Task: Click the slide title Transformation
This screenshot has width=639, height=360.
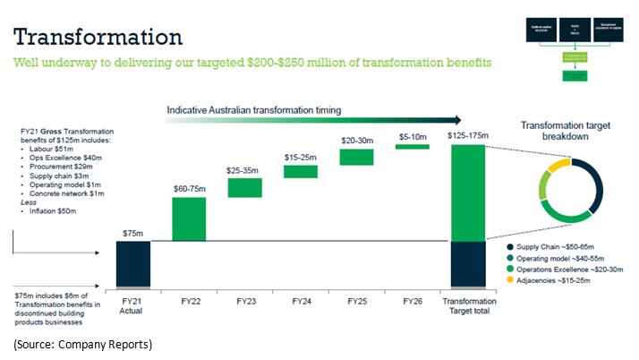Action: (x=98, y=37)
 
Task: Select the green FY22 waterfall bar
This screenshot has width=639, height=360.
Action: (x=188, y=219)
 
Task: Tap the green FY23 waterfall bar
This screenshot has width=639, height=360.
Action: (x=244, y=187)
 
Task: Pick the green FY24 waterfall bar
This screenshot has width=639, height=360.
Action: (x=300, y=171)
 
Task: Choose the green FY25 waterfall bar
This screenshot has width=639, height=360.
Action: (x=355, y=157)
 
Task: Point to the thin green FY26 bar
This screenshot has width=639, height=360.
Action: (x=412, y=146)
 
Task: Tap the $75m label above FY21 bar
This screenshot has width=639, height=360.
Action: (x=132, y=233)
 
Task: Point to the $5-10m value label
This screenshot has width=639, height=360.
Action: (x=412, y=135)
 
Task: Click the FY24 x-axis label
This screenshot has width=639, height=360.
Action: (x=300, y=301)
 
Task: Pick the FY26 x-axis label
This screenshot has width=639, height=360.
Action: (x=412, y=301)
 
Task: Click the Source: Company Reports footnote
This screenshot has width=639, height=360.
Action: (x=82, y=344)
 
